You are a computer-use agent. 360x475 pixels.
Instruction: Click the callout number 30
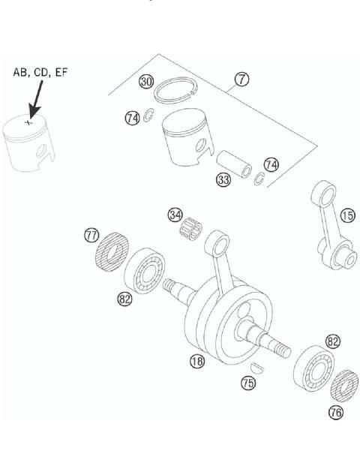(148, 82)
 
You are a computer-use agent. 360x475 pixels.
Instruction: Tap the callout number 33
(223, 180)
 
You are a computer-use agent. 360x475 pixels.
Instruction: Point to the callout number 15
(347, 215)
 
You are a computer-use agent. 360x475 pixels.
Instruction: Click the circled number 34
(175, 215)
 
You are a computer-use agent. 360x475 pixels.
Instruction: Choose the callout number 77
(91, 236)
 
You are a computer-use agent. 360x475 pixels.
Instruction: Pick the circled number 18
(197, 361)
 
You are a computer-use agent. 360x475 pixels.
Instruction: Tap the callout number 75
(247, 383)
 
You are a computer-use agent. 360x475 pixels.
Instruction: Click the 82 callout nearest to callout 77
(125, 299)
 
